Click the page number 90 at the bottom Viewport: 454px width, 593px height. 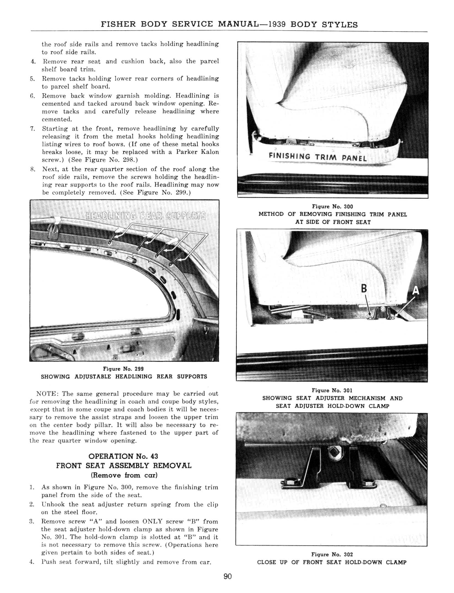pyautogui.click(x=228, y=576)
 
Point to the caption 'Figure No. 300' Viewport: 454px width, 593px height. pyautogui.click(x=332, y=206)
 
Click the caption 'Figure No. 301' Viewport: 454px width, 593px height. pyautogui.click(x=332, y=390)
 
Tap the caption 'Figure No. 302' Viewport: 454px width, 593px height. pyautogui.click(x=332, y=554)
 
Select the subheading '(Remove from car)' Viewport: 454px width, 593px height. pyautogui.click(x=124, y=475)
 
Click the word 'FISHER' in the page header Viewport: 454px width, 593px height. pyautogui.click(x=119, y=24)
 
